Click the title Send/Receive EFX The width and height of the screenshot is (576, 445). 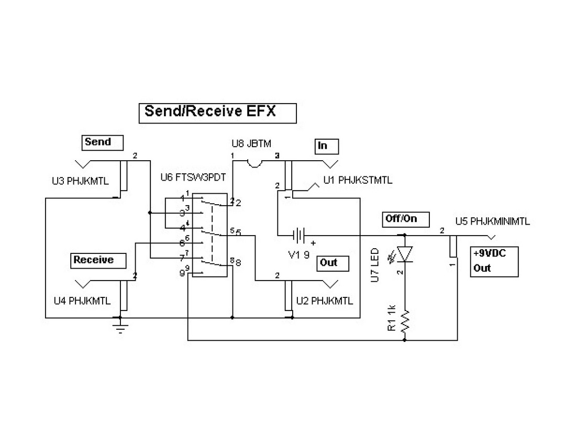tap(217, 113)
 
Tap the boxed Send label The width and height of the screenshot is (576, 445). tap(103, 142)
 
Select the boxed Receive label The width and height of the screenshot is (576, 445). tap(100, 260)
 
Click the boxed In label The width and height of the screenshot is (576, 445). tap(326, 146)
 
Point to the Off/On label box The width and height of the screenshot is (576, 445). tap(406, 219)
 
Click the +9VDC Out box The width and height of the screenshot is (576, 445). tap(494, 261)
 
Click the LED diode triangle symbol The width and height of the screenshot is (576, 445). tap(405, 254)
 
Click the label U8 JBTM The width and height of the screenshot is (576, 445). tap(251, 143)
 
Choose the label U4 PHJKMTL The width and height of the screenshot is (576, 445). tap(82, 301)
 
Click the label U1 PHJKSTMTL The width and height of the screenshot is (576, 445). tap(358, 181)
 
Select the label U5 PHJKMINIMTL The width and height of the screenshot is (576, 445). tap(492, 221)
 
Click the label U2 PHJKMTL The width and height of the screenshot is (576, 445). tap(325, 301)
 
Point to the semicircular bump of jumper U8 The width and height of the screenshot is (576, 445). tap(254, 164)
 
